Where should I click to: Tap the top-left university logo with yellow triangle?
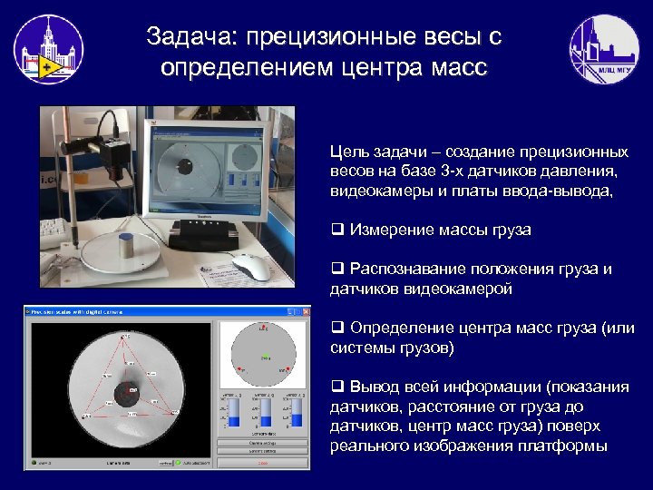pyautogui.click(x=48, y=50)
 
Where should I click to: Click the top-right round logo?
pyautogui.click(x=603, y=50)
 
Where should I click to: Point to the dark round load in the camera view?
pyautogui.click(x=124, y=391)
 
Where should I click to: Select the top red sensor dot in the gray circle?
pyautogui.click(x=266, y=330)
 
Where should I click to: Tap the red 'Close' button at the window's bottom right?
pyautogui.click(x=262, y=463)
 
